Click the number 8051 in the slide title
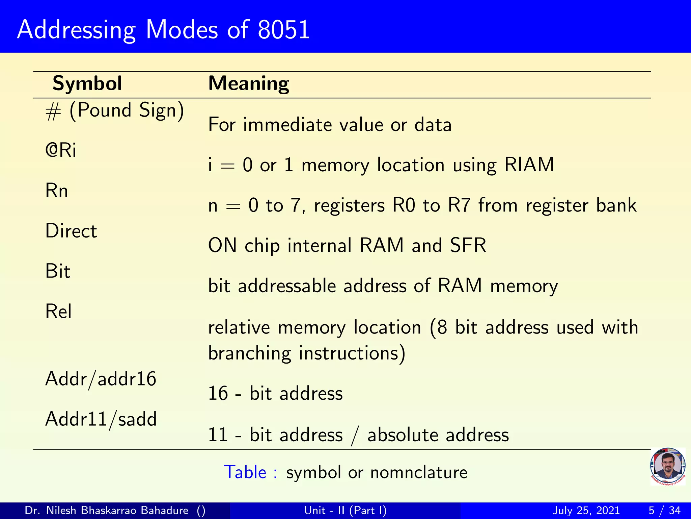pos(283,30)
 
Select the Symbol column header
pos(87,83)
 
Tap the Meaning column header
pos(249,83)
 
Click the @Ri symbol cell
pos(61,150)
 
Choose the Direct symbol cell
pos(71,231)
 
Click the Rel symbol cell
pos(58,311)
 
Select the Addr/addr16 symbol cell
pos(101,379)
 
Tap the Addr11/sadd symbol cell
pos(101,419)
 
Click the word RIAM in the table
pos(529,165)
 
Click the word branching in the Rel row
pos(250,353)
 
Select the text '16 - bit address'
pos(275,394)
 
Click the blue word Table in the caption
pos(245,472)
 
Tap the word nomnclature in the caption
pos(418,472)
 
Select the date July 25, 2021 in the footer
pos(586,510)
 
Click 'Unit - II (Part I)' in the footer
pos(345,510)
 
